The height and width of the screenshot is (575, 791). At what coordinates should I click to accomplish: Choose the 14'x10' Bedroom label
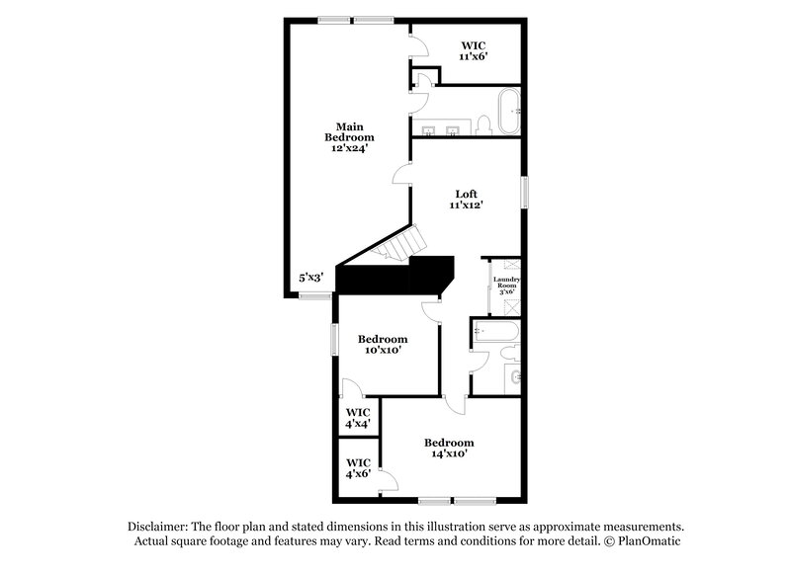[449, 448]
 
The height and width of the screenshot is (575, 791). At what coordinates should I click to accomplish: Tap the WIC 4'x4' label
[358, 417]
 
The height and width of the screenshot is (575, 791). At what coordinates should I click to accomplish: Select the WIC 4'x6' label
[358, 467]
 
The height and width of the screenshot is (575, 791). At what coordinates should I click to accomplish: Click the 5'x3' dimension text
[311, 279]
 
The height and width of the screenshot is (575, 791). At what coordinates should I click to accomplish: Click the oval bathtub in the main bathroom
[507, 112]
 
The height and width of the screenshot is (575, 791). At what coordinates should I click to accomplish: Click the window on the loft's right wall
[525, 191]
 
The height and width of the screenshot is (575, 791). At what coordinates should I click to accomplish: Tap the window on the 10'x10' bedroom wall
[333, 339]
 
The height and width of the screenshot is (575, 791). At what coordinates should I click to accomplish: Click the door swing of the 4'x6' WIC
[388, 481]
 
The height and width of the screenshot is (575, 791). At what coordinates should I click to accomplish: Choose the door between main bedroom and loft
[402, 175]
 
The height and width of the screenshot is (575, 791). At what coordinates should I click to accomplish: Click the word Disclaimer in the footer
[157, 527]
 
